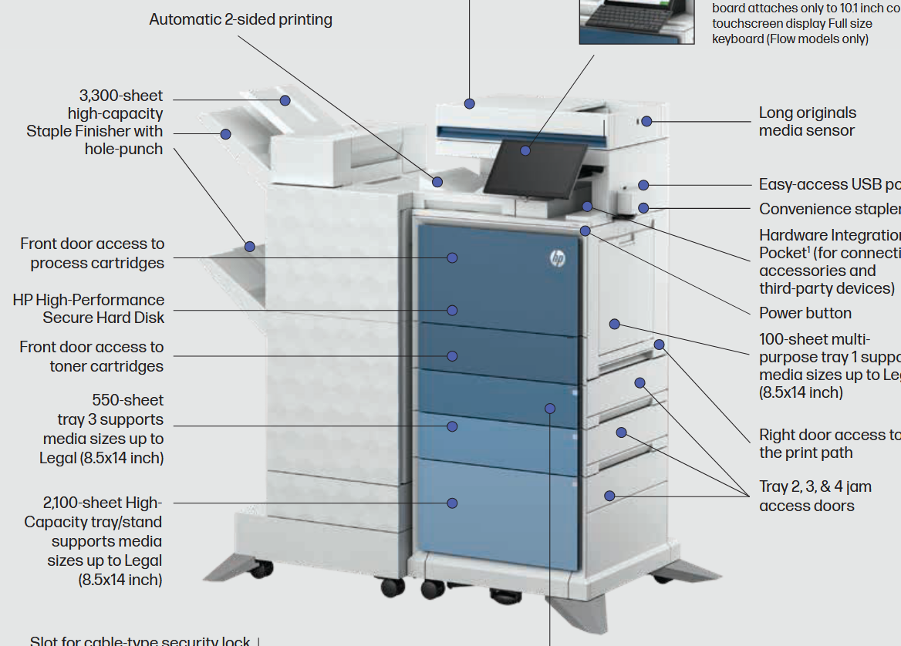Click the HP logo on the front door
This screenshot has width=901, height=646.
pyautogui.click(x=558, y=259)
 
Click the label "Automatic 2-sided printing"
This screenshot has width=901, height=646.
pyautogui.click(x=241, y=19)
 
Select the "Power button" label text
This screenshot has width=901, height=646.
pyautogui.click(x=805, y=313)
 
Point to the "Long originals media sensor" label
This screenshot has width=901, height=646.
pyautogui.click(x=807, y=122)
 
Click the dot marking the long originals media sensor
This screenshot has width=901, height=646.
pyautogui.click(x=646, y=121)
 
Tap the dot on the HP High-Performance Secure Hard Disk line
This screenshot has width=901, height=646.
pyautogui.click(x=452, y=310)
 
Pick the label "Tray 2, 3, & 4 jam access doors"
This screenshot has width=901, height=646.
pyautogui.click(x=815, y=496)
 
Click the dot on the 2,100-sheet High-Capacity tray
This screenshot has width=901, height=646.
pyautogui.click(x=452, y=503)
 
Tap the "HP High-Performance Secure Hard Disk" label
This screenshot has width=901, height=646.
pyautogui.click(x=89, y=308)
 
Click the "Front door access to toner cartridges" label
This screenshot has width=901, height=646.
pyautogui.click(x=92, y=356)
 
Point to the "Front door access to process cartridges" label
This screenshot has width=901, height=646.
pyautogui.click(x=93, y=253)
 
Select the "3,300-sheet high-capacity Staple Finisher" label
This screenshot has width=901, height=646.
pyautogui.click(x=95, y=122)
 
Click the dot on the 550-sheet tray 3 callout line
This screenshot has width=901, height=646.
pyautogui.click(x=452, y=426)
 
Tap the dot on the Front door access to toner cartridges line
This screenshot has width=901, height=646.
pyautogui.click(x=452, y=356)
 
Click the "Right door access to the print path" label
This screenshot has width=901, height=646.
pyautogui.click(x=829, y=443)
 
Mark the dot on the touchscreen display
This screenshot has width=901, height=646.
pyautogui.click(x=525, y=150)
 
